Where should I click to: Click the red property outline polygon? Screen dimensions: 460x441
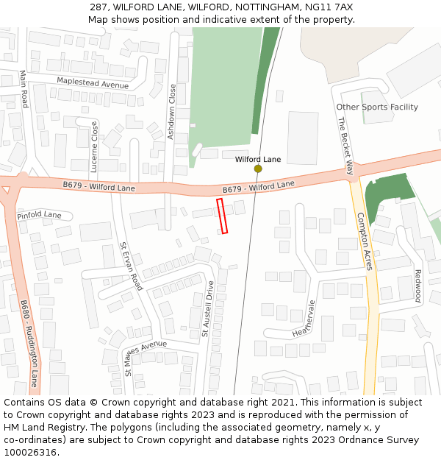[222, 216]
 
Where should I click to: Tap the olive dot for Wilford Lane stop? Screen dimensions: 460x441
[258, 169]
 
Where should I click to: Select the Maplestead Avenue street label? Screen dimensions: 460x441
[93, 84]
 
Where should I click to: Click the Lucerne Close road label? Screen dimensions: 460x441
[94, 141]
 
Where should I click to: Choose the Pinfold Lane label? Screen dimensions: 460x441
[39, 215]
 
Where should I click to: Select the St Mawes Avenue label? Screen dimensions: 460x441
[146, 358]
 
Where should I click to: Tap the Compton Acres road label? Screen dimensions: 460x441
[365, 241]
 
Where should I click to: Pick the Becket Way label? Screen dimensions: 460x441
[346, 145]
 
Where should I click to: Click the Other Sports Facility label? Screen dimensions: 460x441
[377, 107]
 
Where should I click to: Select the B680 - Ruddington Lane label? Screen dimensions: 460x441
[29, 343]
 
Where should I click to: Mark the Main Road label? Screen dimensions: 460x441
[24, 89]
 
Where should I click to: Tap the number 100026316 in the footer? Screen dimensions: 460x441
[30, 452]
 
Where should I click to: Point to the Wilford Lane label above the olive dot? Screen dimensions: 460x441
[258, 159]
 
